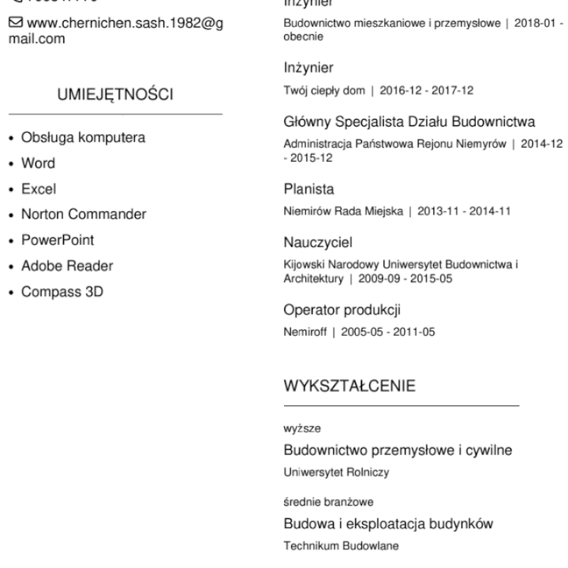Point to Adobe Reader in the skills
click(x=67, y=266)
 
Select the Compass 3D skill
click(x=63, y=291)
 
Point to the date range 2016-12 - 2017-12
click(x=427, y=91)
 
